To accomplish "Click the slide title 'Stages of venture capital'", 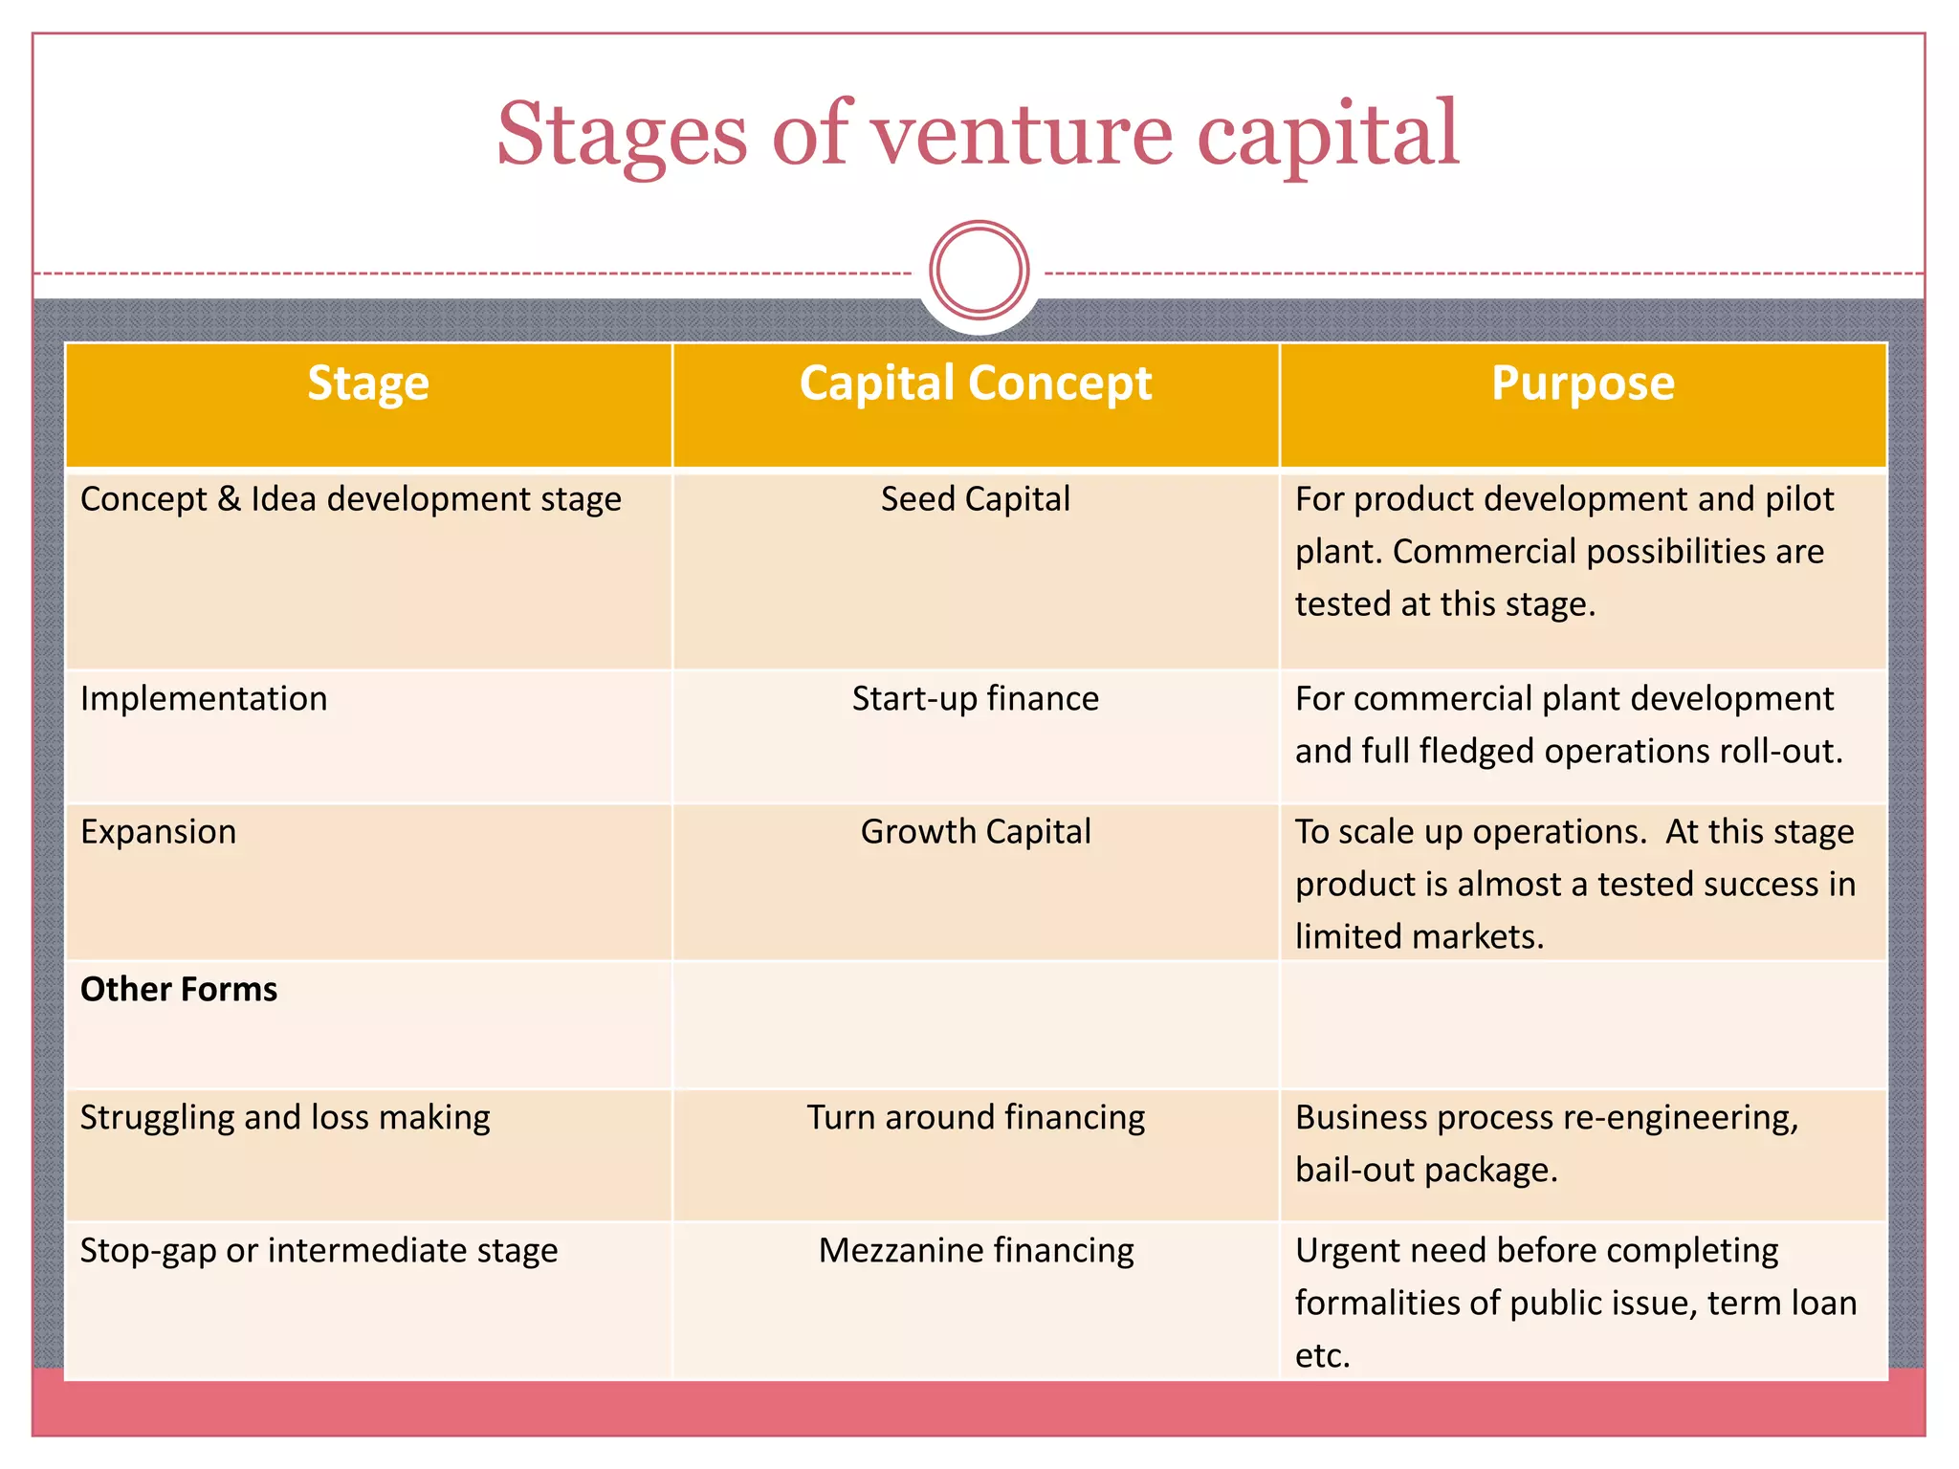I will click(x=978, y=134).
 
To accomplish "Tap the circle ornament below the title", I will click(x=979, y=271).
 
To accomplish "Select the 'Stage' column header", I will click(x=368, y=384).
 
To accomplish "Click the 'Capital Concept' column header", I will click(x=976, y=384).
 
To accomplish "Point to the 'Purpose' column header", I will click(x=1583, y=384).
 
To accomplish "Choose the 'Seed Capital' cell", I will click(x=976, y=499).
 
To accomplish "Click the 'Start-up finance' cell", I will click(x=976, y=699).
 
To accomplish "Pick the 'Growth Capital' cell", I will click(x=976, y=832).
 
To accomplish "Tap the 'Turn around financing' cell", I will click(x=976, y=1118).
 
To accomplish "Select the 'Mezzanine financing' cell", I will click(x=976, y=1251).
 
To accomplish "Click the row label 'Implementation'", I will click(x=204, y=699).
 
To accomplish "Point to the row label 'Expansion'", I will click(x=159, y=832).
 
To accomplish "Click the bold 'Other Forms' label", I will click(x=179, y=989).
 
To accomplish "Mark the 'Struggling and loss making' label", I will click(x=285, y=1118).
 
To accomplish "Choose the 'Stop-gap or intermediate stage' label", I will click(x=319, y=1251).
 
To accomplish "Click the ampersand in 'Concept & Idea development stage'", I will click(x=229, y=499).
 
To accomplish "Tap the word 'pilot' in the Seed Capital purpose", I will click(x=1799, y=499).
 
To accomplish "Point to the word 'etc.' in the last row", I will click(x=1323, y=1356).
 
